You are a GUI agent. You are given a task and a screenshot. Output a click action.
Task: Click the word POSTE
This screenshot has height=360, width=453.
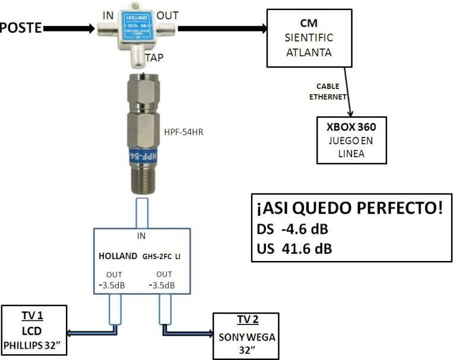click(21, 28)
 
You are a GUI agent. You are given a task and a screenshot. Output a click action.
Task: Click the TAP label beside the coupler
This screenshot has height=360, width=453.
click(156, 58)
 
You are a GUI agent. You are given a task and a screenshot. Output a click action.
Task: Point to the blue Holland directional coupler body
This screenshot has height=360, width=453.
click(137, 26)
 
